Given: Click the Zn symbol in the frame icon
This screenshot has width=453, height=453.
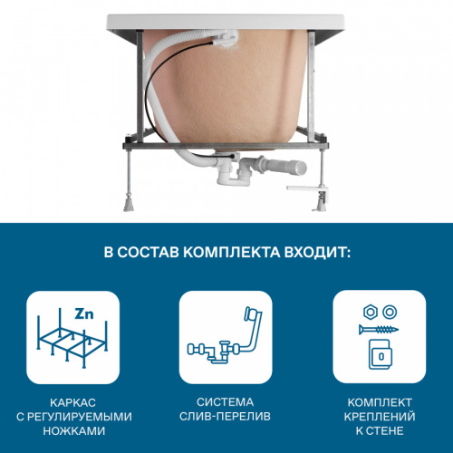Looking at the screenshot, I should point(84,314).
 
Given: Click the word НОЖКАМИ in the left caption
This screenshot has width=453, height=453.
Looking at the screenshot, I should point(73,432).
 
